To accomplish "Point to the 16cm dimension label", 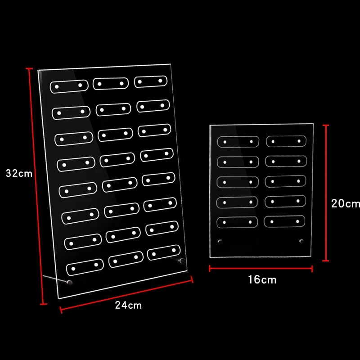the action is pyautogui.click(x=262, y=279).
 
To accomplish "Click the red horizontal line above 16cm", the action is pyautogui.click(x=261, y=268).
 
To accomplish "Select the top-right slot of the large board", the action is pyautogui.click(x=150, y=81).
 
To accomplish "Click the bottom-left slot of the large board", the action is pyautogui.click(x=85, y=267).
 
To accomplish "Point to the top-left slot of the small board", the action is pyautogui.click(x=238, y=141).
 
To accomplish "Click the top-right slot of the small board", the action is pyautogui.click(x=286, y=141).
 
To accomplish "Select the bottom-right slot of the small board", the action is pyautogui.click(x=285, y=220).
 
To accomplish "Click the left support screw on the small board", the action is pyautogui.click(x=220, y=243).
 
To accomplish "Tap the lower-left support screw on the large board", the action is pyautogui.click(x=69, y=283).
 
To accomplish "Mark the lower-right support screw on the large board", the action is pyautogui.click(x=181, y=261).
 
